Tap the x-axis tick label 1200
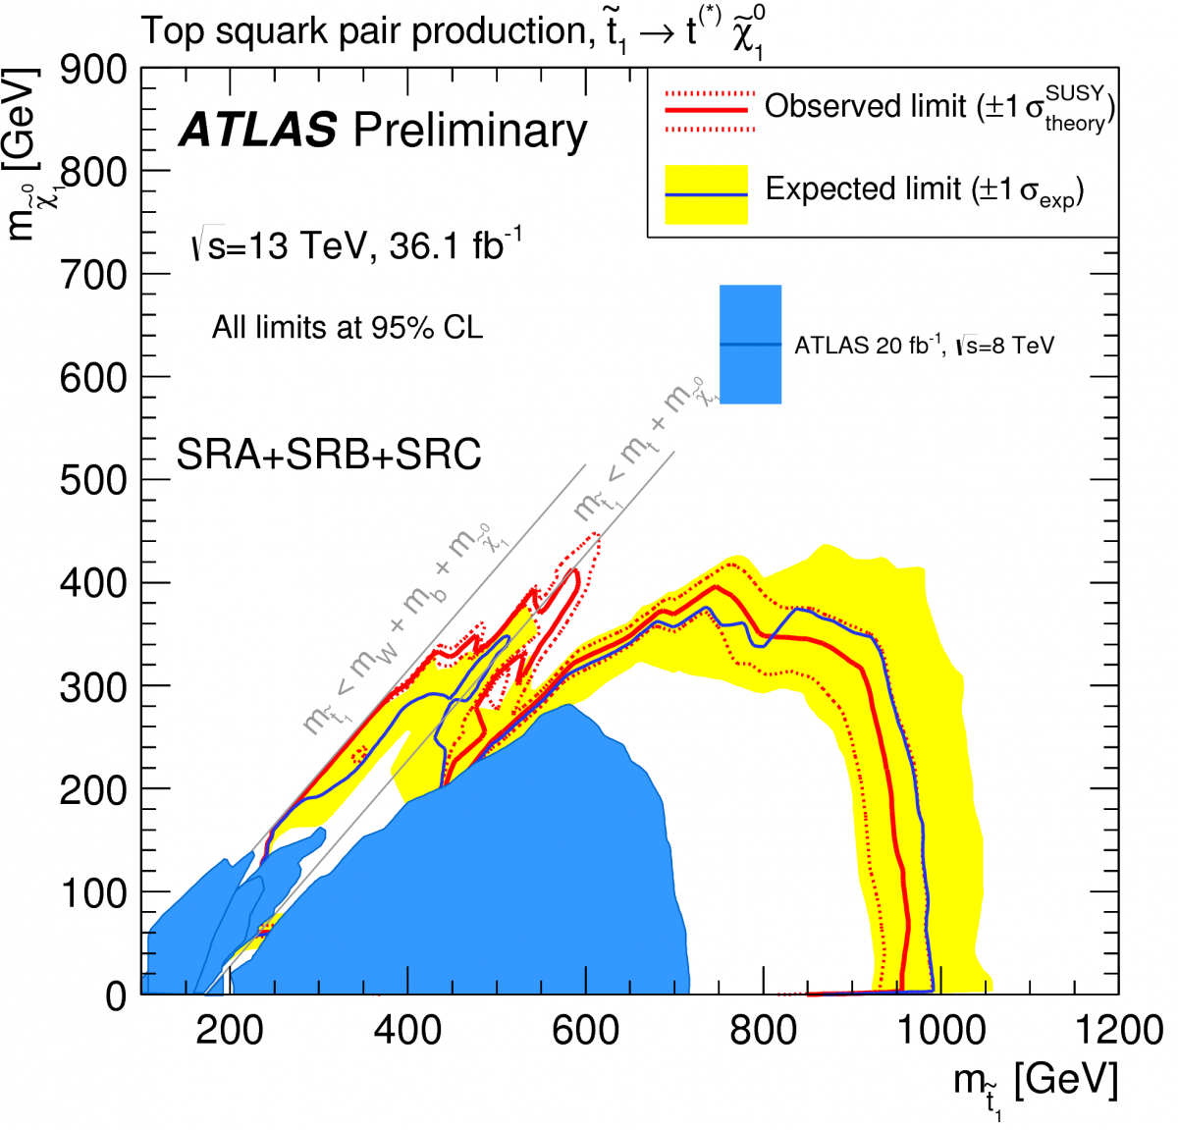pos(1118,1031)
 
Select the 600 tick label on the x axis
pos(585,1031)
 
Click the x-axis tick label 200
pos(230,1031)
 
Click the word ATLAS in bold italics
pos(257,131)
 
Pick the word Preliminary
pos(470,131)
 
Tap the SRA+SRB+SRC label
pos(329,455)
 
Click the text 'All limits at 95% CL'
pos(348,327)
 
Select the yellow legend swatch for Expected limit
pos(707,193)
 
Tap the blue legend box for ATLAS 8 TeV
pos(750,344)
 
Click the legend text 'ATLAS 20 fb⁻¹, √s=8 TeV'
pos(924,346)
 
